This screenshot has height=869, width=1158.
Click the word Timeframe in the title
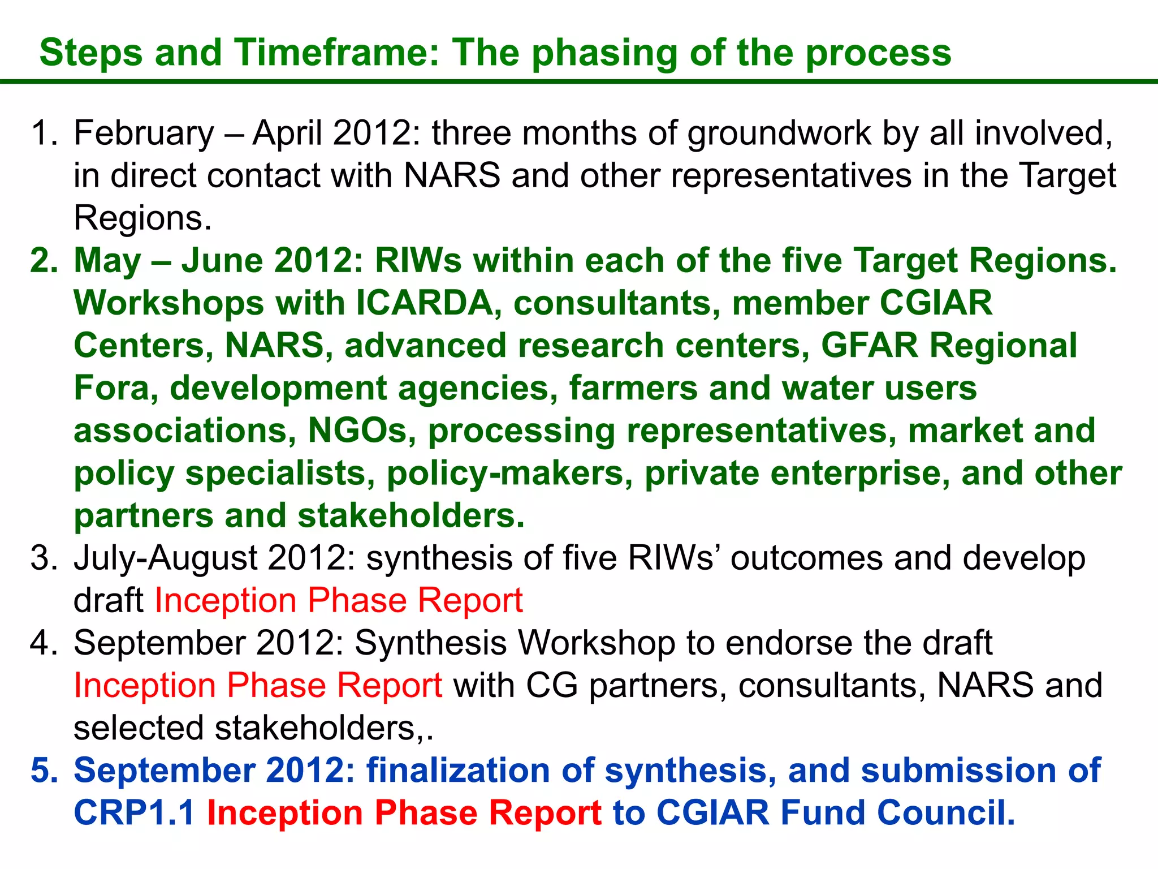click(x=336, y=53)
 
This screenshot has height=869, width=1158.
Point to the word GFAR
click(x=870, y=346)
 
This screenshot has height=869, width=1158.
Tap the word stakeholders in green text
click(x=411, y=516)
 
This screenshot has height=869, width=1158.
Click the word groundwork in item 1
click(x=779, y=134)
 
